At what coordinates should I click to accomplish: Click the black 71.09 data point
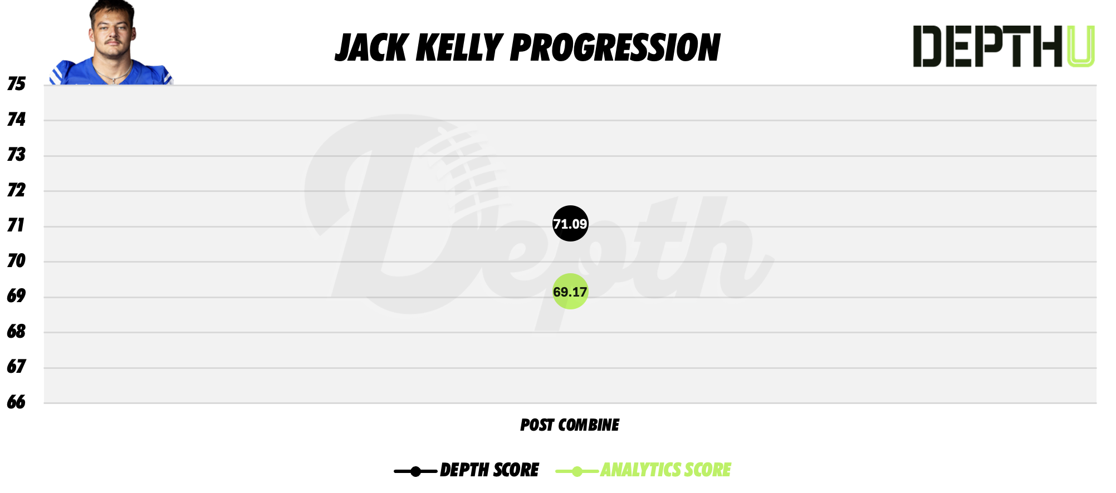(x=570, y=224)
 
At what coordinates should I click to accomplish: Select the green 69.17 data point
(x=570, y=292)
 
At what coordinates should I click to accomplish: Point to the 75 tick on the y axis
(x=16, y=84)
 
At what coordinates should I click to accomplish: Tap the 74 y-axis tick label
(x=16, y=119)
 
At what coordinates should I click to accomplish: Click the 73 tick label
(x=16, y=154)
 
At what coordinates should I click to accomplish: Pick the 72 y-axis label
(x=16, y=190)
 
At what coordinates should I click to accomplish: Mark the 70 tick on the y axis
(x=16, y=260)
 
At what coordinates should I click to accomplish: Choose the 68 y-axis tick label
(x=16, y=332)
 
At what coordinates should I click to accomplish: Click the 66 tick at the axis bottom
(x=16, y=402)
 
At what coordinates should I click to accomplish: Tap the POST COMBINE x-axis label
(x=569, y=425)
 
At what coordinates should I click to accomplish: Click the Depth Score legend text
(x=489, y=470)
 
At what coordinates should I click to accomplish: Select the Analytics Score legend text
(x=665, y=470)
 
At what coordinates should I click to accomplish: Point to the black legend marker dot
(x=415, y=472)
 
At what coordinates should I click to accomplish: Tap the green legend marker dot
(x=577, y=472)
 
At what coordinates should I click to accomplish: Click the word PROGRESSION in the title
(x=615, y=48)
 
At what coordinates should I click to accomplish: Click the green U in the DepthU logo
(x=1080, y=47)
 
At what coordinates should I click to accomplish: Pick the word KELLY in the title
(x=459, y=48)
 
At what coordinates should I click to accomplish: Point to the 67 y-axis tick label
(x=16, y=367)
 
